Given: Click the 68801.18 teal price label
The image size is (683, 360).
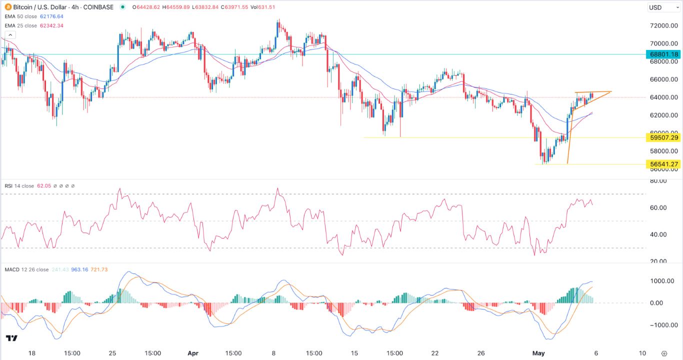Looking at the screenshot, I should (664, 54).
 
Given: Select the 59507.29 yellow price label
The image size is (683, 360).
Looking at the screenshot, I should (664, 137).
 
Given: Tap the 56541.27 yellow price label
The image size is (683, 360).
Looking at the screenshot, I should (664, 164).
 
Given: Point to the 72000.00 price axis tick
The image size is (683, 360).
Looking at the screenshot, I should (663, 26).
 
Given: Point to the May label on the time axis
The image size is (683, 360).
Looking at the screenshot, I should (538, 353).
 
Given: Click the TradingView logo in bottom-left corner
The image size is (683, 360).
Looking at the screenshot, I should (12, 338).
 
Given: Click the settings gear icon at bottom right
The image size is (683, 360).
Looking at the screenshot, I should (664, 353).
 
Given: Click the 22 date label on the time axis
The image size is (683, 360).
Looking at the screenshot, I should (435, 353).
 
